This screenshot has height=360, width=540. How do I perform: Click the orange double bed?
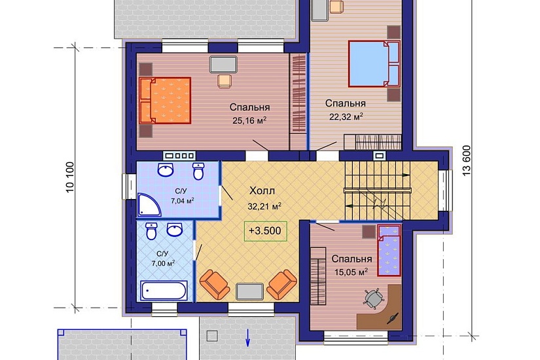165,100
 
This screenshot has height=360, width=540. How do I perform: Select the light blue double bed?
374,63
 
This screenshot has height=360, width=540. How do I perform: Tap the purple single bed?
389,251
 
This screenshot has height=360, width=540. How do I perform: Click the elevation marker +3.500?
265,231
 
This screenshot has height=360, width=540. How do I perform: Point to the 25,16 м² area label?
249,121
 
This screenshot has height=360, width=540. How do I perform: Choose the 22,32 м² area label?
346,117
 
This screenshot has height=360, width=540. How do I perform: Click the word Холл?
262,190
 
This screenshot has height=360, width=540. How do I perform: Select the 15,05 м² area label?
351,272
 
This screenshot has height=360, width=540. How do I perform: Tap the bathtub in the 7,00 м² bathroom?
164,291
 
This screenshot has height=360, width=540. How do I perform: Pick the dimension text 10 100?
70,177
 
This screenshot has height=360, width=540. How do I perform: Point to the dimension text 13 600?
466,161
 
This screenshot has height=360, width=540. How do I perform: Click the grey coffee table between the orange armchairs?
249,291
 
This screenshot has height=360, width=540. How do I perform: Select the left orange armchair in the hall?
215,285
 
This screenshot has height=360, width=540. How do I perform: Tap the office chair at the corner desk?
374,298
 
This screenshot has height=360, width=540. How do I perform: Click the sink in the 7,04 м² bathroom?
166,170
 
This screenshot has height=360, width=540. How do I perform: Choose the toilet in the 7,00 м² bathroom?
151,231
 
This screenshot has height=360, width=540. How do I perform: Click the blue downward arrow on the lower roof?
247,338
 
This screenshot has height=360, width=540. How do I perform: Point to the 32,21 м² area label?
264,206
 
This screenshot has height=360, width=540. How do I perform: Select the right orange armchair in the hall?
281,285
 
